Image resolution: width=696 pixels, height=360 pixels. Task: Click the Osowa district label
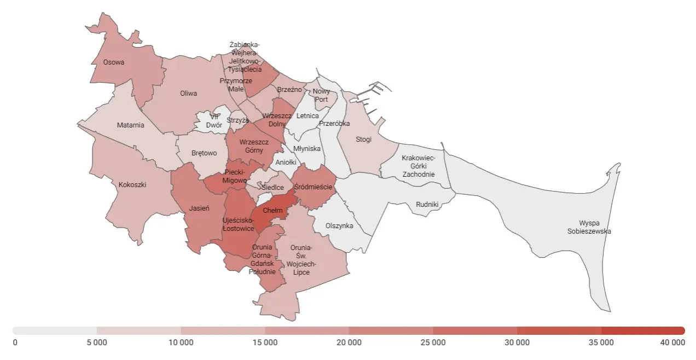114,62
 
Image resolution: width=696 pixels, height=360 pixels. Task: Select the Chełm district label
272,211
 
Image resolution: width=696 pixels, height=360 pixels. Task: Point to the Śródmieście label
314,187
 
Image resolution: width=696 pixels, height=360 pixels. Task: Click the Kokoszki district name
132,185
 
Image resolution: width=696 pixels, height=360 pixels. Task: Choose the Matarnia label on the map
131,125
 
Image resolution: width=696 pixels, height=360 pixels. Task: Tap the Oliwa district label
189,94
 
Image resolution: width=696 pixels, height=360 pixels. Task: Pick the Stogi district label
363,140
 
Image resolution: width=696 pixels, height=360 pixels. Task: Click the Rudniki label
427,205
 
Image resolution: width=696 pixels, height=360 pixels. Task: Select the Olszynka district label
339,226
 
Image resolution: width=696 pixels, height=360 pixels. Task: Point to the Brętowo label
204,154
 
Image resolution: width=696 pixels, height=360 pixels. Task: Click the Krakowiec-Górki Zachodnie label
418,166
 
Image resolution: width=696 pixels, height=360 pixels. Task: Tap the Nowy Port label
321,96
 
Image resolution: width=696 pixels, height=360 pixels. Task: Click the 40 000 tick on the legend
672,343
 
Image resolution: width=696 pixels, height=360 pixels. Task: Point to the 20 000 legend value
349,343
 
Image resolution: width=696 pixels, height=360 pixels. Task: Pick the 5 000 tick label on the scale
97,343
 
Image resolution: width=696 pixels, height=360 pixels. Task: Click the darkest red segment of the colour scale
643,330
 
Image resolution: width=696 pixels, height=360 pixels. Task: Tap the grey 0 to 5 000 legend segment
55,330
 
